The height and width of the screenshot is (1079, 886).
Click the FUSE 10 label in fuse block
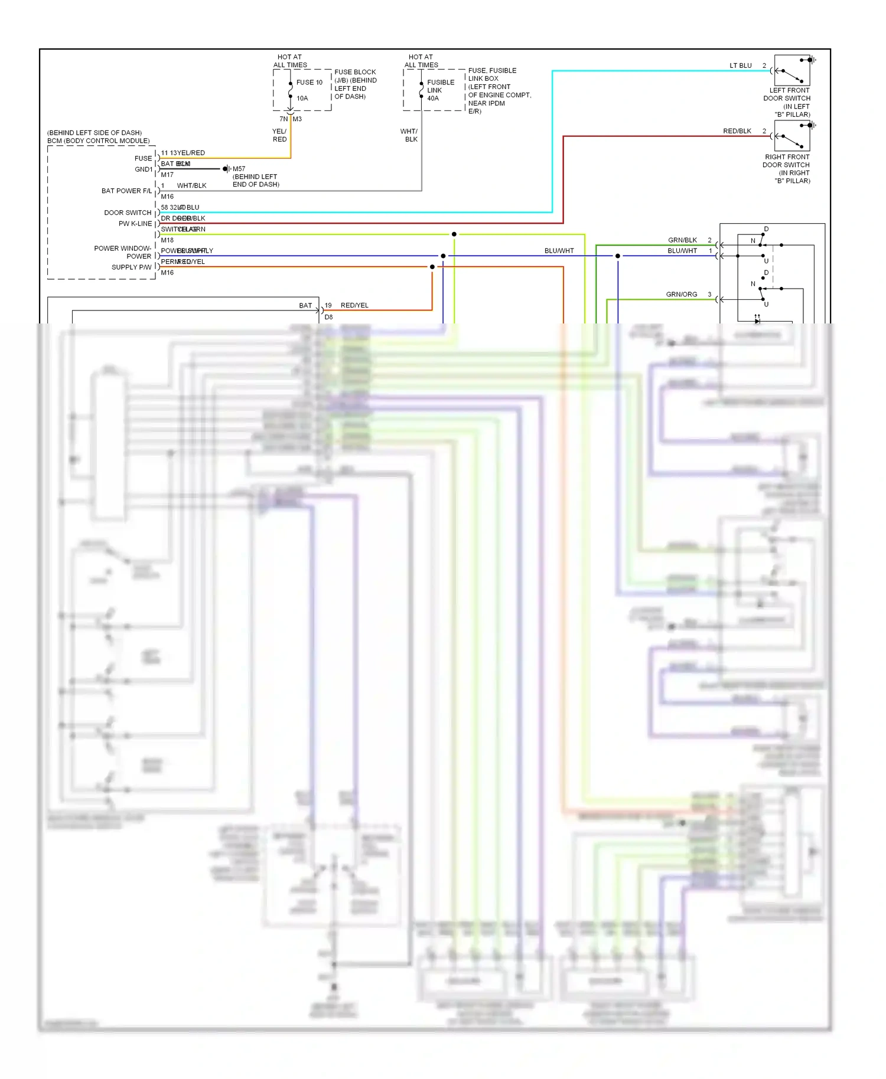coord(309,83)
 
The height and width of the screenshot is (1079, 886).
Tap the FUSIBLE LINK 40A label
coord(440,90)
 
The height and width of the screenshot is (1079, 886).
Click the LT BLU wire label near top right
coord(740,66)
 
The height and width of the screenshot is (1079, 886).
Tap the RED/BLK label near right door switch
coord(737,131)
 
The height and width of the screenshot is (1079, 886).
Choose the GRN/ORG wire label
coord(681,294)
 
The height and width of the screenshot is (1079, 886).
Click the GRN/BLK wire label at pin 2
coord(682,240)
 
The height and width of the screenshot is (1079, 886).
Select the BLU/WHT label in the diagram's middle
coord(559,251)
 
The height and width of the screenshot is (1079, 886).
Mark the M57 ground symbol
coord(226,169)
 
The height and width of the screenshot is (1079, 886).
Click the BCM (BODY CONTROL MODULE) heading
coord(99,141)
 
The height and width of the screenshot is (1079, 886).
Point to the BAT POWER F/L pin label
coord(126,191)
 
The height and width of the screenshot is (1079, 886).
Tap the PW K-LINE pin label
coord(135,224)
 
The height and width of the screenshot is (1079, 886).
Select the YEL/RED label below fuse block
coord(279,135)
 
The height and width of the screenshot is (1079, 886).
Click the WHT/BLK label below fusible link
coord(409,135)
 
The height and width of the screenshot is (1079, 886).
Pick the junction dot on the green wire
coord(454,234)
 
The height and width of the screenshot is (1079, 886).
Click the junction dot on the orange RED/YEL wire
coord(432,267)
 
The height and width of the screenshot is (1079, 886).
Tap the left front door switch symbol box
coord(791,71)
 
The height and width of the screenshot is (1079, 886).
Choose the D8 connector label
coord(328,317)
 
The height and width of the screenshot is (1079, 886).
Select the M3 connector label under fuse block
coord(297,119)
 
